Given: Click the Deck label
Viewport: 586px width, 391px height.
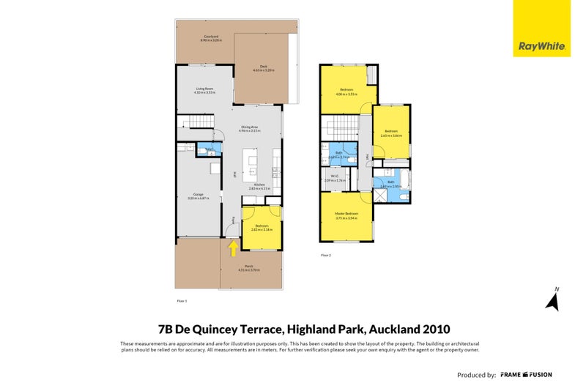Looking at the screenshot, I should point(263,68).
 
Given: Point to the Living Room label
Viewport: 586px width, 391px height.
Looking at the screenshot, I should point(204,91).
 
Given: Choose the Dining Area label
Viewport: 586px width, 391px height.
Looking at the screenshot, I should point(251,128).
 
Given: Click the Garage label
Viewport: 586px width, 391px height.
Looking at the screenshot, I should point(198,196).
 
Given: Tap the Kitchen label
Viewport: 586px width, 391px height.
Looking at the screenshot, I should point(259,187).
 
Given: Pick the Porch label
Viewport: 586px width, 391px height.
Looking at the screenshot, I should point(250,269).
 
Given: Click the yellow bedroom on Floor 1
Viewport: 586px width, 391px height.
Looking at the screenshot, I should point(262,228).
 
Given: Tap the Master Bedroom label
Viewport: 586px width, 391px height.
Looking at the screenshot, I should point(346,215).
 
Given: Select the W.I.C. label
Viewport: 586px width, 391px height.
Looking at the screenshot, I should point(334,178).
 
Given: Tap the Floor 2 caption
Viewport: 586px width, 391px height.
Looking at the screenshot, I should point(326,255).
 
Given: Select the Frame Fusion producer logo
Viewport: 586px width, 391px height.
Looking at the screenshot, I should point(526,374).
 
